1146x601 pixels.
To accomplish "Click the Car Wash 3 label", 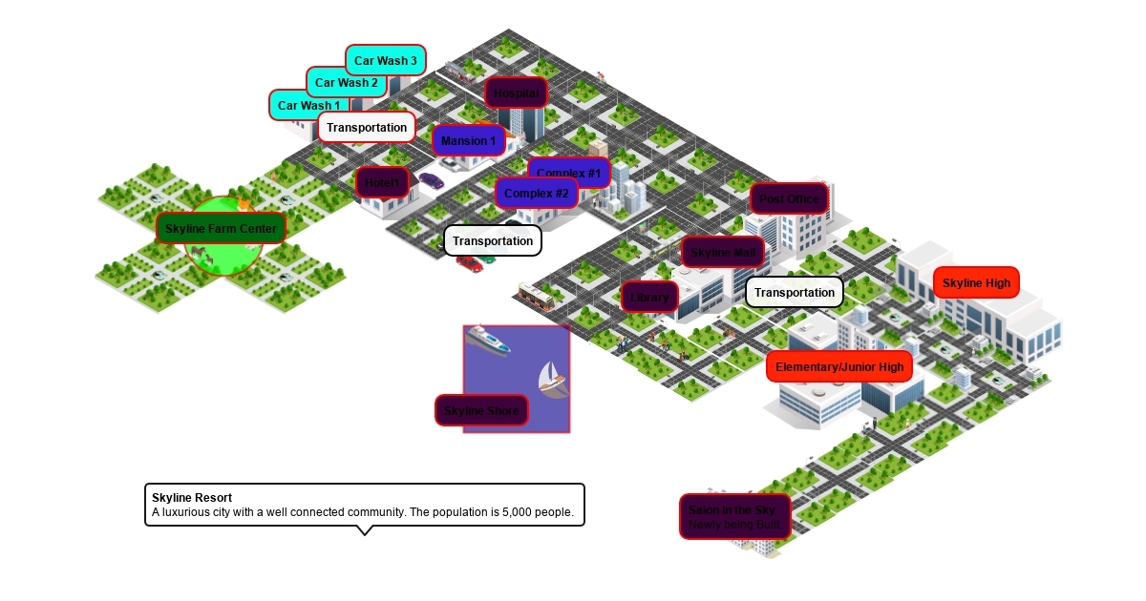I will pyautogui.click(x=385, y=60).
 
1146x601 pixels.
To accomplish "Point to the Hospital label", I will pyautogui.click(x=517, y=93).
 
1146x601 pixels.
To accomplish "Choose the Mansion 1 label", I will pyautogui.click(x=469, y=141).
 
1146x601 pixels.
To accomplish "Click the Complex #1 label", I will pyautogui.click(x=569, y=173).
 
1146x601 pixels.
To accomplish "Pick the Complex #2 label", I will pyautogui.click(x=536, y=193).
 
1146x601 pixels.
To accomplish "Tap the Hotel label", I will pyautogui.click(x=383, y=182).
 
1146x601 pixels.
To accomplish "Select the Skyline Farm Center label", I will pyautogui.click(x=221, y=228).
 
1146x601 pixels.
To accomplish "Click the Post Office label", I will pyautogui.click(x=790, y=198).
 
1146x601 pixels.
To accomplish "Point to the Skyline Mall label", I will pyautogui.click(x=723, y=252).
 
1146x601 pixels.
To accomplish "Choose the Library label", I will pyautogui.click(x=649, y=297).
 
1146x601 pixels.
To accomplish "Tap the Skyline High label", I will pyautogui.click(x=976, y=283).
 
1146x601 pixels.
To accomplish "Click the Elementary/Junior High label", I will pyautogui.click(x=838, y=366).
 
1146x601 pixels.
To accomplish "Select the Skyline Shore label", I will pyautogui.click(x=481, y=410).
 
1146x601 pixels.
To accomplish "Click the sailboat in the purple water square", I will pyautogui.click(x=551, y=380).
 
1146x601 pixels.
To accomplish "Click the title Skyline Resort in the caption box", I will pyautogui.click(x=192, y=497).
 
